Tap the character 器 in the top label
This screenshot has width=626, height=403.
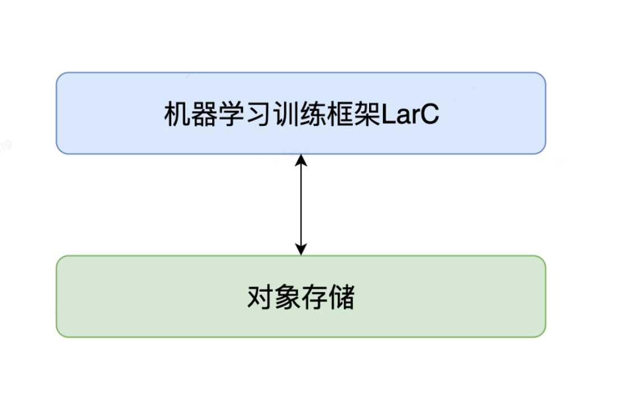point(204,114)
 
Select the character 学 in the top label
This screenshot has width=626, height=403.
point(231,114)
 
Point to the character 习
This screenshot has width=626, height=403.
point(258,114)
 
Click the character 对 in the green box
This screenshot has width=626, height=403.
point(260,297)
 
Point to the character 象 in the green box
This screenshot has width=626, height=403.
point(287,297)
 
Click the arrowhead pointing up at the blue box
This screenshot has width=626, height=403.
point(301,160)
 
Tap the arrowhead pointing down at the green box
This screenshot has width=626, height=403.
point(301,249)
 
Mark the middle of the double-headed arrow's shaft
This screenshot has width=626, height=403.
point(301,205)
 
